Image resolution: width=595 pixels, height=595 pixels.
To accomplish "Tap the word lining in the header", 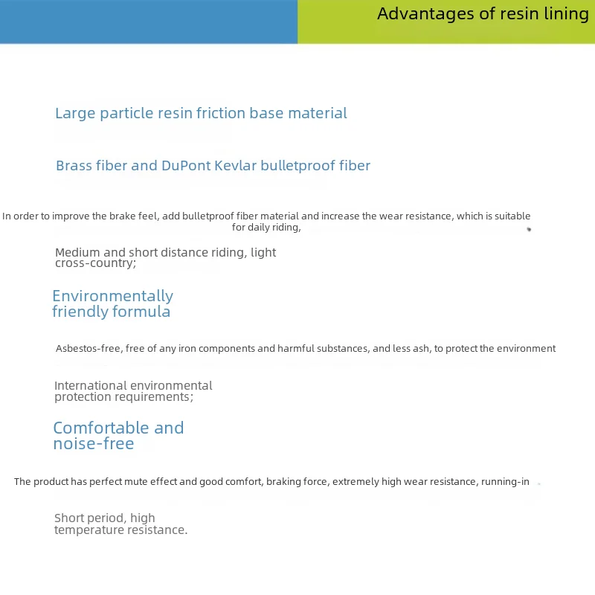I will (x=567, y=14).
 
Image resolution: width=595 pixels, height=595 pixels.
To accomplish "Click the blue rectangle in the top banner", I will (x=149, y=22).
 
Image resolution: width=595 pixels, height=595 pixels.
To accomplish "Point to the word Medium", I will (x=78, y=252).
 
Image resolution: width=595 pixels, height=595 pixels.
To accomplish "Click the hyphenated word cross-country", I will (x=94, y=263).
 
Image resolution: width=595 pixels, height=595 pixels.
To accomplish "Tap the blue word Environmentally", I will (x=112, y=296).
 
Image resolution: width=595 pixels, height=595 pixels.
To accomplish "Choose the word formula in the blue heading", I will (x=143, y=312).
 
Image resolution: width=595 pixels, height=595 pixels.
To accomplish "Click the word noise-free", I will (x=94, y=443).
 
